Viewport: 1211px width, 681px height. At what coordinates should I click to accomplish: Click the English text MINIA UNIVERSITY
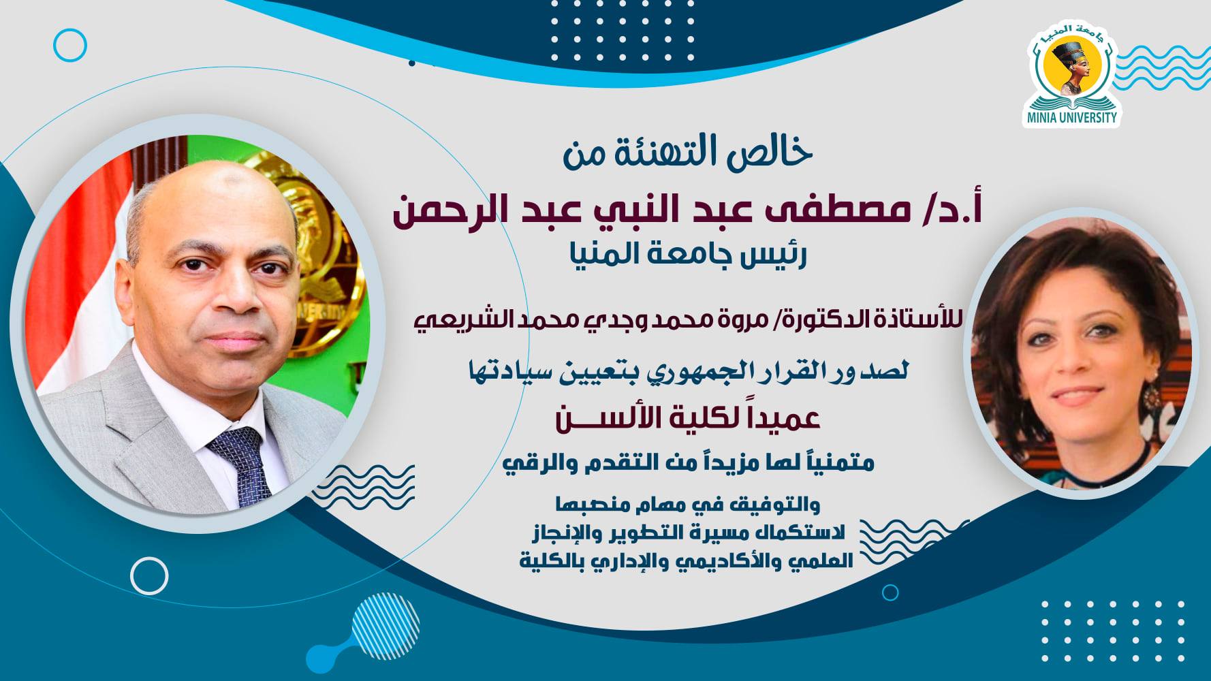click(1072, 117)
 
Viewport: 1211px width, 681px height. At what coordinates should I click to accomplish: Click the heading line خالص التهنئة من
click(688, 153)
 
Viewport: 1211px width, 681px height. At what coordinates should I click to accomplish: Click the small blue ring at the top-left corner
click(70, 46)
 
